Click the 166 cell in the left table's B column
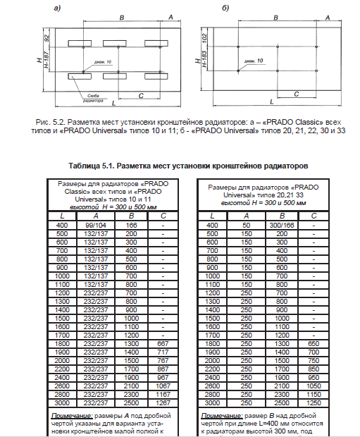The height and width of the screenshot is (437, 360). pos(132,225)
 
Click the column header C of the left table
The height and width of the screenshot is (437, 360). pos(163,216)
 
